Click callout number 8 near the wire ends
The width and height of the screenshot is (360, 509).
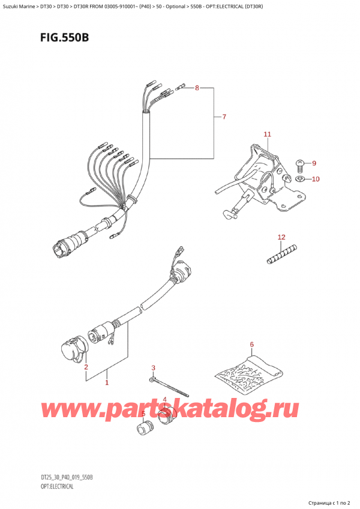tap(196, 89)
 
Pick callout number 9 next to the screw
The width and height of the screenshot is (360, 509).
tap(313, 163)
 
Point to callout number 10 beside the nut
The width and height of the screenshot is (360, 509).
tap(316, 179)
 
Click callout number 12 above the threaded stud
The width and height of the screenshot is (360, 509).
tap(281, 238)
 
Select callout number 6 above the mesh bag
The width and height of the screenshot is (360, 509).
tap(252, 345)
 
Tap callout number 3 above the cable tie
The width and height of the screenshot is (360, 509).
tap(154, 368)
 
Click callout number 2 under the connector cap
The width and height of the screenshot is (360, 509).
tap(86, 367)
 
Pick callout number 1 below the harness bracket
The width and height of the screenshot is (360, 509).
tap(107, 382)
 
